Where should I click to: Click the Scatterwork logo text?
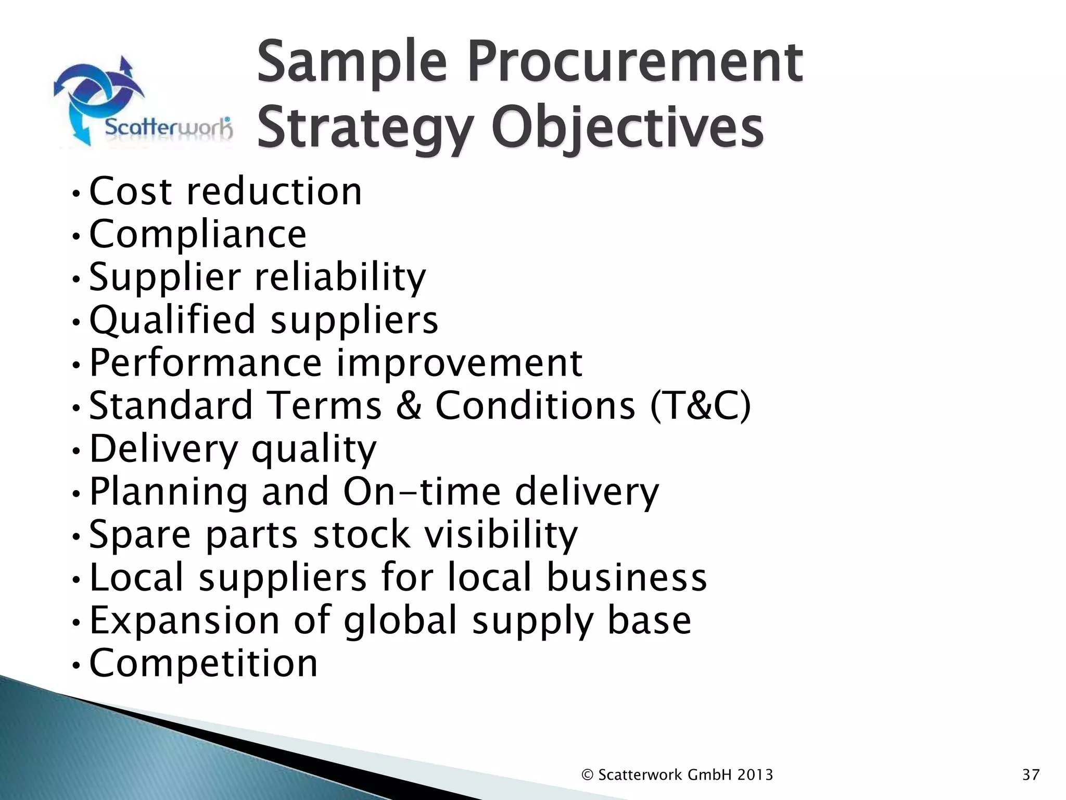point(168,127)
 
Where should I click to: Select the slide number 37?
point(1031,775)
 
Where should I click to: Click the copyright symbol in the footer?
point(587,775)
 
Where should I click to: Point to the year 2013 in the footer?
point(755,775)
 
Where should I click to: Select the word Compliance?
point(198,234)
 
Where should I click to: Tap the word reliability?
point(340,277)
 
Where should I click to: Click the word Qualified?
point(173,320)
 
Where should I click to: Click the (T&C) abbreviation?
point(700,406)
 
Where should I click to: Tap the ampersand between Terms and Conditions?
point(409,406)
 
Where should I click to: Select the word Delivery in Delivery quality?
point(163,449)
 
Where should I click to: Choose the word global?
point(401,620)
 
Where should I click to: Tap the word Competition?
point(204,663)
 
